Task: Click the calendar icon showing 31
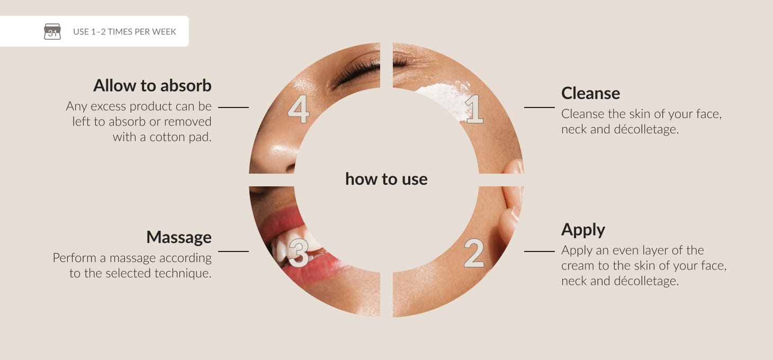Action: pyautogui.click(x=52, y=31)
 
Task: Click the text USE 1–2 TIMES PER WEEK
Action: pyautogui.click(x=124, y=32)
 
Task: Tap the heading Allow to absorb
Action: pyautogui.click(x=152, y=86)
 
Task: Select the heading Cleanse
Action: pyautogui.click(x=590, y=93)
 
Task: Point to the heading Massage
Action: pyautogui.click(x=179, y=237)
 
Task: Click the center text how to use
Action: pyautogui.click(x=386, y=179)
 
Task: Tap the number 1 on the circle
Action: pyautogui.click(x=474, y=109)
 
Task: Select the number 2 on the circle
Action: pyautogui.click(x=474, y=253)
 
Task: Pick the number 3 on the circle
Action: pyautogui.click(x=298, y=253)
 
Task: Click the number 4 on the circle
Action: pyautogui.click(x=299, y=109)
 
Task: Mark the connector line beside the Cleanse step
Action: pyautogui.click(x=540, y=107)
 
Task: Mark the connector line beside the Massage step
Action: pyautogui.click(x=233, y=251)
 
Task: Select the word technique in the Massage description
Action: pyautogui.click(x=183, y=273)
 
